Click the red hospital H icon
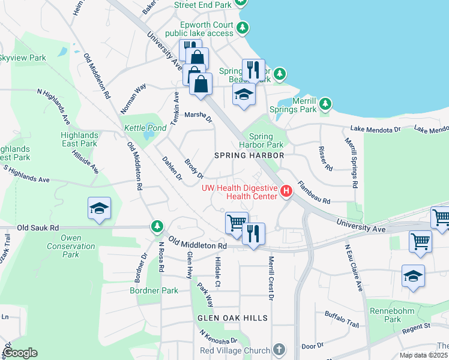pos(286,191)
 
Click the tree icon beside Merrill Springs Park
pos(325,104)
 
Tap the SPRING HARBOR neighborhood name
pos(249,155)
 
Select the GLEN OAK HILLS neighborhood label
pos(231,317)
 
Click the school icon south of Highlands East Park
pos(99,209)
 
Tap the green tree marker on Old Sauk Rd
pos(157,227)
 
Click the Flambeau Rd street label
pos(314,193)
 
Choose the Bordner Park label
pos(154,290)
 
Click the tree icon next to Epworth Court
pos(242,28)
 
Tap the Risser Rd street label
pos(324,157)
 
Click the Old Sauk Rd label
pos(38,228)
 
